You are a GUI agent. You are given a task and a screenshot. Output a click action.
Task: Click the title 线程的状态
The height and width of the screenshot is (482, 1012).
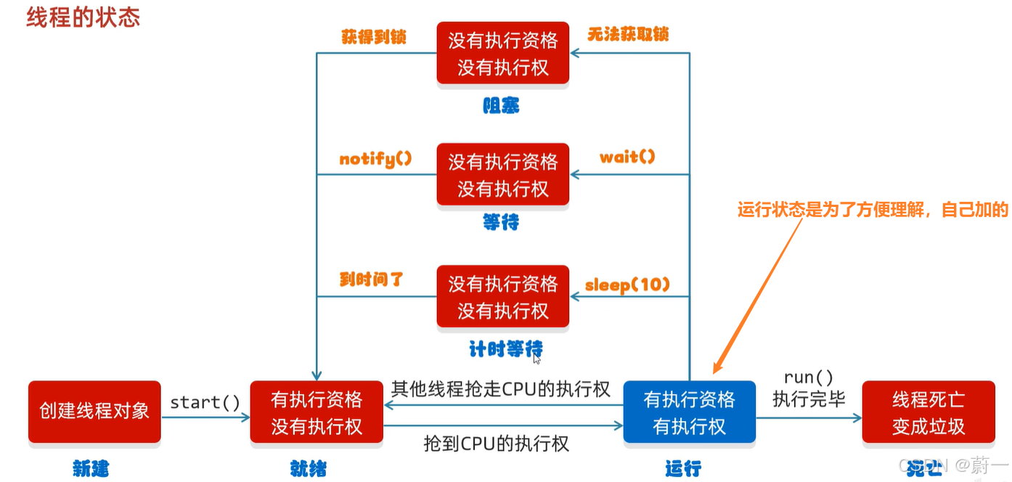83,17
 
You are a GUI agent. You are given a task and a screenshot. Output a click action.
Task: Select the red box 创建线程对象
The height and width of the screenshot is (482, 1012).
94,412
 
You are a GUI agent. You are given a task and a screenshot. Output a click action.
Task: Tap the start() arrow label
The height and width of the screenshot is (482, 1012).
205,401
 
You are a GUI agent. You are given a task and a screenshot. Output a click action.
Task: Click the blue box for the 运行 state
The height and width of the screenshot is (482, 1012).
689,412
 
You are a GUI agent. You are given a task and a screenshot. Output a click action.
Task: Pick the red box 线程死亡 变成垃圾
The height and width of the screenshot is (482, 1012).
928,412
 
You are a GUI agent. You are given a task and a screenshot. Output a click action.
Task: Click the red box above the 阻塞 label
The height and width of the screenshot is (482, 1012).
502,53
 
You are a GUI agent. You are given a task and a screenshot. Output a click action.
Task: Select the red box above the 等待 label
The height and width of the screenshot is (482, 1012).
502,174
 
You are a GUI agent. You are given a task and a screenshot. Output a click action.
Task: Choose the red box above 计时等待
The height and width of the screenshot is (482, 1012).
502,296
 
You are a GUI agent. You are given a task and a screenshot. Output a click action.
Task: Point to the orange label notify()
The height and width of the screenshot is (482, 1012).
375,159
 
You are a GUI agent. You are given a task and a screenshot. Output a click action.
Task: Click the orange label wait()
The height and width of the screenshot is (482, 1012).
627,156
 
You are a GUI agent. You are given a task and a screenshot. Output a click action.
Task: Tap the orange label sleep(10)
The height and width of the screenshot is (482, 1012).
627,285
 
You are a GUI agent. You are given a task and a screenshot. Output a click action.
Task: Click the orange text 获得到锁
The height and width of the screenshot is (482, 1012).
373,36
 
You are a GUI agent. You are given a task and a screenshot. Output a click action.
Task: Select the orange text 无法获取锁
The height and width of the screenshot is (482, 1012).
627,33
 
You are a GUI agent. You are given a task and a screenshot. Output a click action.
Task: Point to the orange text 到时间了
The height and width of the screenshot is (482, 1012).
371,279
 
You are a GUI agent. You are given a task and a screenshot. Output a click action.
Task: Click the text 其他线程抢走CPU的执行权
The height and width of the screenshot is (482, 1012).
501,388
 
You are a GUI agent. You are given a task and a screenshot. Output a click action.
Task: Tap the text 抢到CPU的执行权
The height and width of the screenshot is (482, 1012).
496,443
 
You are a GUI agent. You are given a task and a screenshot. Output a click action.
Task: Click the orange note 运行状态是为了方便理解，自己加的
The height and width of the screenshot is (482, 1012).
873,211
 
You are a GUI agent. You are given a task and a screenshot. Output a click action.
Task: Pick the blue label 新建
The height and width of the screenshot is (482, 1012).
91,468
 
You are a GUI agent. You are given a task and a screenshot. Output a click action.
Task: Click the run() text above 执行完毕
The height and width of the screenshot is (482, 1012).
808,377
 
